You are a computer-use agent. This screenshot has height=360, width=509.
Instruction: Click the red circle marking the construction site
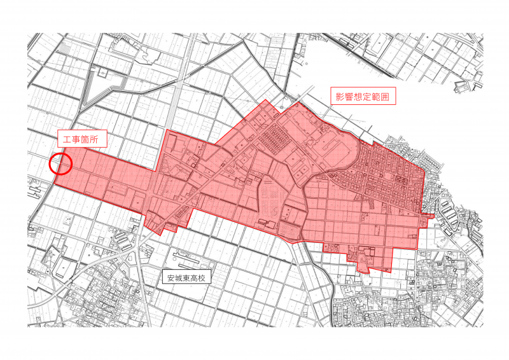pos(61,164)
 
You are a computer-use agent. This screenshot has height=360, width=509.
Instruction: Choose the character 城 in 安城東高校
pos(179,277)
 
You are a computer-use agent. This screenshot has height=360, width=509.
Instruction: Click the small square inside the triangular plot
pos(100,74)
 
